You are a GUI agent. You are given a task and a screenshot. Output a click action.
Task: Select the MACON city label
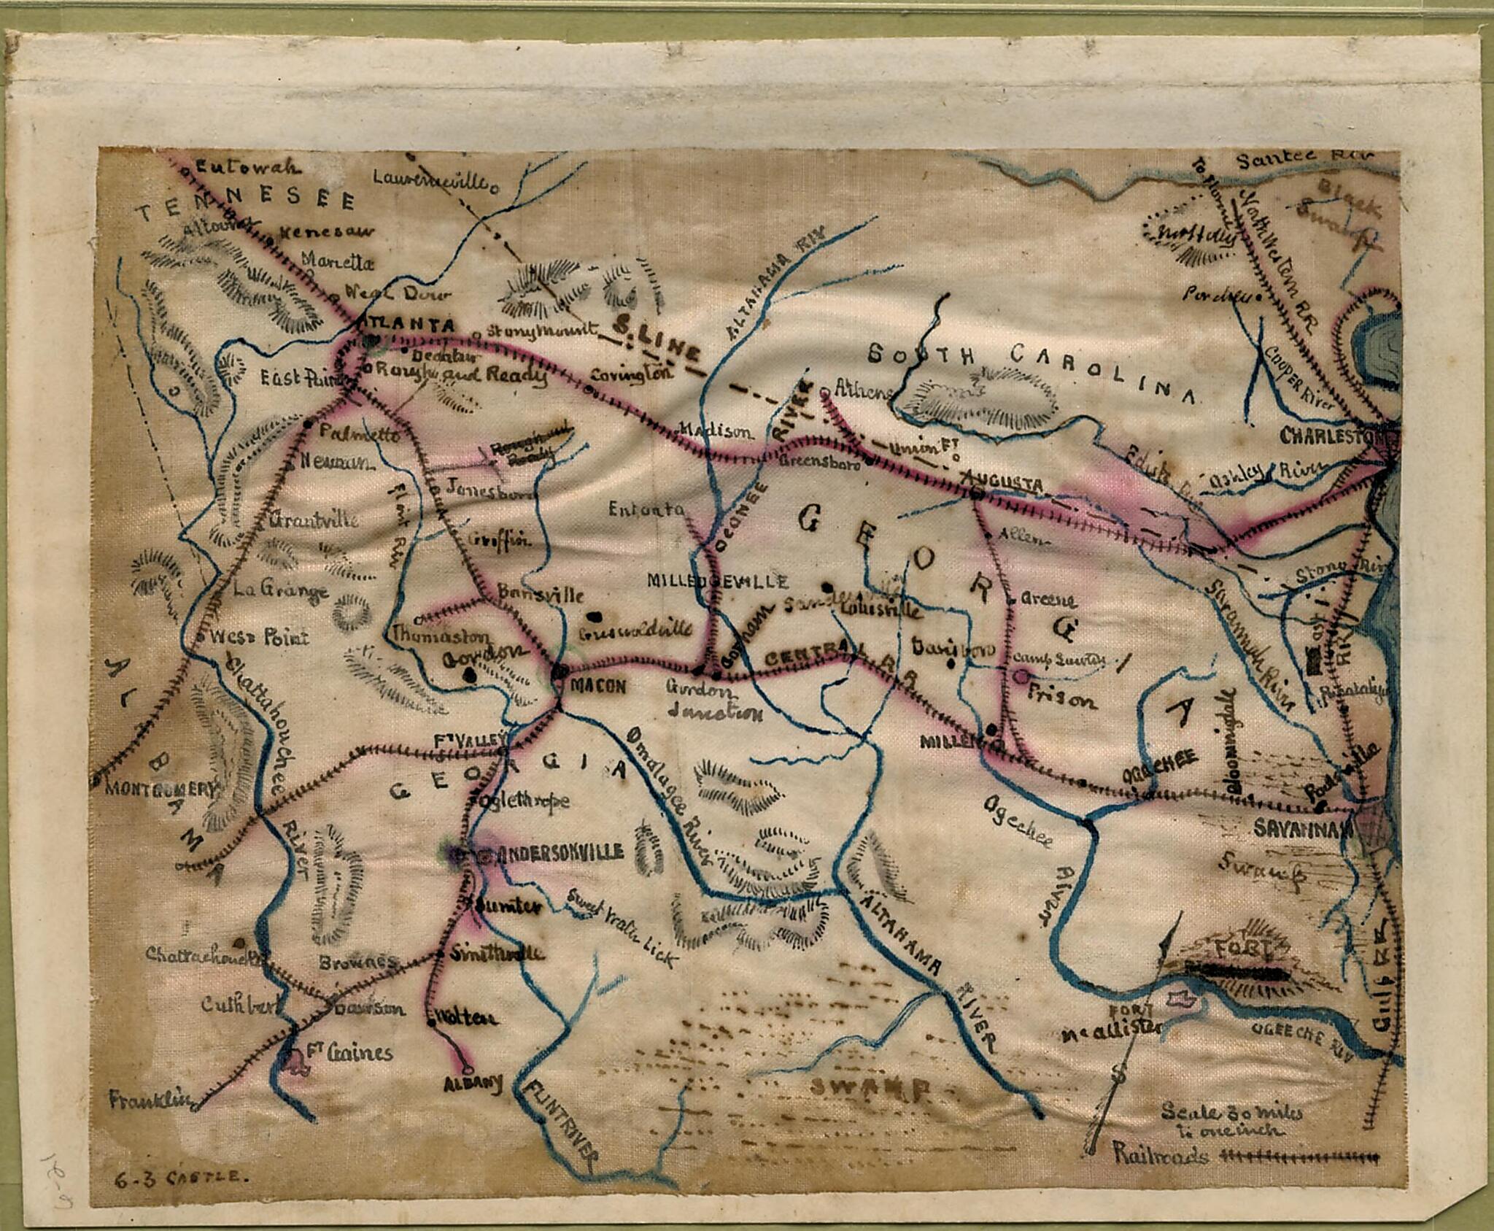pos(598,686)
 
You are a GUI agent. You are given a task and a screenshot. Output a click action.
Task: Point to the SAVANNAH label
pos(1304,827)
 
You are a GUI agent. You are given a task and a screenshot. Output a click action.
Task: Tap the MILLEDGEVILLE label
pos(718,581)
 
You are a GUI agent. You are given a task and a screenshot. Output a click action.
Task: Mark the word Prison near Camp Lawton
pos(1061,700)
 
